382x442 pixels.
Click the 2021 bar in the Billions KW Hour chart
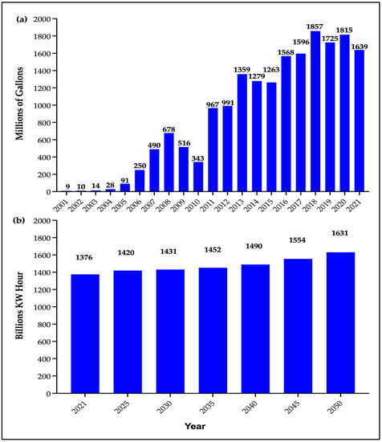(x=83, y=334)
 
